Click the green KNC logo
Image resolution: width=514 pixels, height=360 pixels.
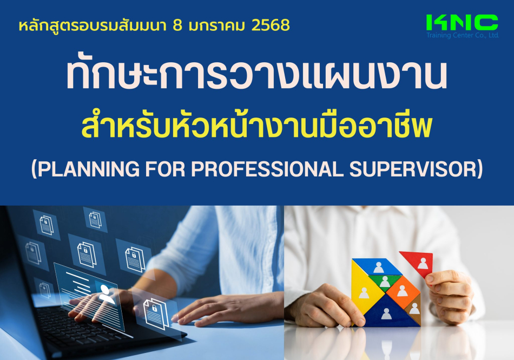pos(462,23)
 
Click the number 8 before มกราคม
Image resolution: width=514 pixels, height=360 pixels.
pos(177,25)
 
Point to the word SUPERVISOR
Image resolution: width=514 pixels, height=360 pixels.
pos(412,169)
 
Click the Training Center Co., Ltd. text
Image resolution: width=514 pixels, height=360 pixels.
pos(462,35)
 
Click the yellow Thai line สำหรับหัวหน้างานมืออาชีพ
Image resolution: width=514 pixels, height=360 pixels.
pos(256,126)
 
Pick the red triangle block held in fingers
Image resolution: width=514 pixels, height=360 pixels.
pos(417,263)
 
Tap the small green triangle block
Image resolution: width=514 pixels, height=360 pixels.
pos(385,282)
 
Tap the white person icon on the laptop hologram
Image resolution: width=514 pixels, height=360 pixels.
pos(107,294)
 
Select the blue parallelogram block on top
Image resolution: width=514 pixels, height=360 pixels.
pos(377,266)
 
